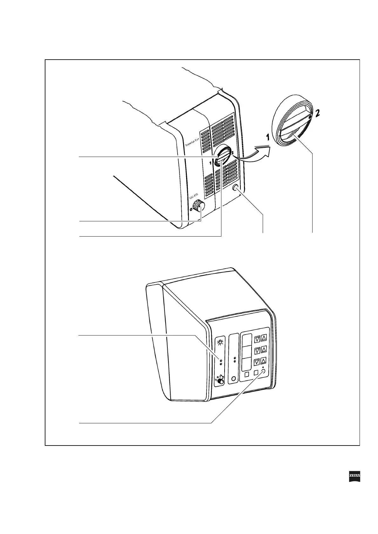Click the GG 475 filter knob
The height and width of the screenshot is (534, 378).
pyautogui.click(x=199, y=206)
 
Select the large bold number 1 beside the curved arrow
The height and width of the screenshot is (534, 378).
pyautogui.click(x=268, y=137)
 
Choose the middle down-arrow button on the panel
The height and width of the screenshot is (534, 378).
pyautogui.click(x=257, y=351)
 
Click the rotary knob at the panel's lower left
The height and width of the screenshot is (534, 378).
pyautogui.click(x=220, y=382)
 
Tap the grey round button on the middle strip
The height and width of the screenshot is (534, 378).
pyautogui.click(x=234, y=378)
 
